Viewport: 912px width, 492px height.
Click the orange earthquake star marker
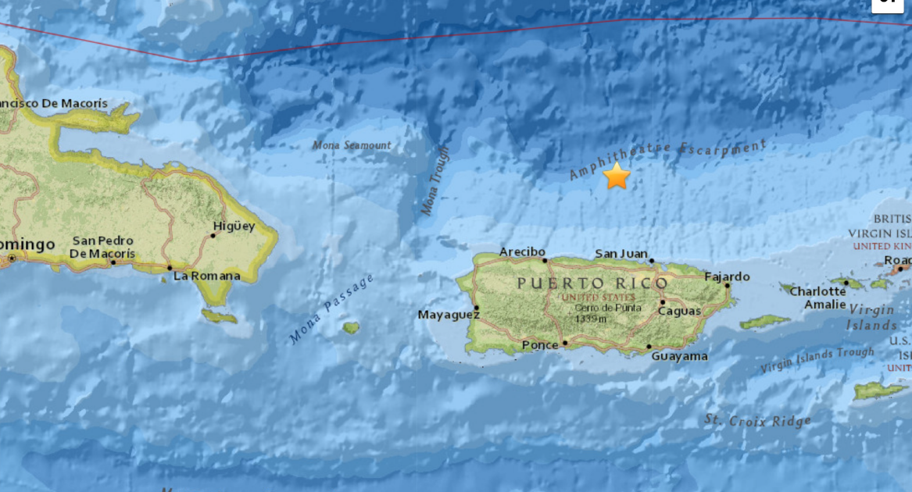[617, 176]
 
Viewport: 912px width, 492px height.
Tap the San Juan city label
[621, 253]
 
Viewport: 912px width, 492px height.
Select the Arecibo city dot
[545, 261]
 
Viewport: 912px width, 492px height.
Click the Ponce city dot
[564, 342]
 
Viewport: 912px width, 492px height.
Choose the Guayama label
[680, 356]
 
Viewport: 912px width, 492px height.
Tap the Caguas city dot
[662, 302]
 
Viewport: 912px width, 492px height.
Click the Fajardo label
[727, 276]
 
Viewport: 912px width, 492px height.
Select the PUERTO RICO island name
[592, 283]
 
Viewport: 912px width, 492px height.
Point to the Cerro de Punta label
[597, 308]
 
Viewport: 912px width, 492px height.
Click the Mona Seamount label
[352, 144]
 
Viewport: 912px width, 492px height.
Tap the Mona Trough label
[435, 180]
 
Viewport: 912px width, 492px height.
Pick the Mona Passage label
[331, 308]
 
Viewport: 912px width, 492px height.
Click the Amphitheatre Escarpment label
[667, 159]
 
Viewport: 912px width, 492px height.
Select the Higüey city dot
[213, 235]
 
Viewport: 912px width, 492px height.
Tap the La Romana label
[206, 276]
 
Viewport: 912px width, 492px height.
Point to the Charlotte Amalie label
[817, 298]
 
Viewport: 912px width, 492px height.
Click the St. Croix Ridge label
[757, 421]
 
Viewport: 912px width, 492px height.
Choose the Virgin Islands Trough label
[817, 359]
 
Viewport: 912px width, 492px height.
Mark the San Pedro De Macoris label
[102, 247]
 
